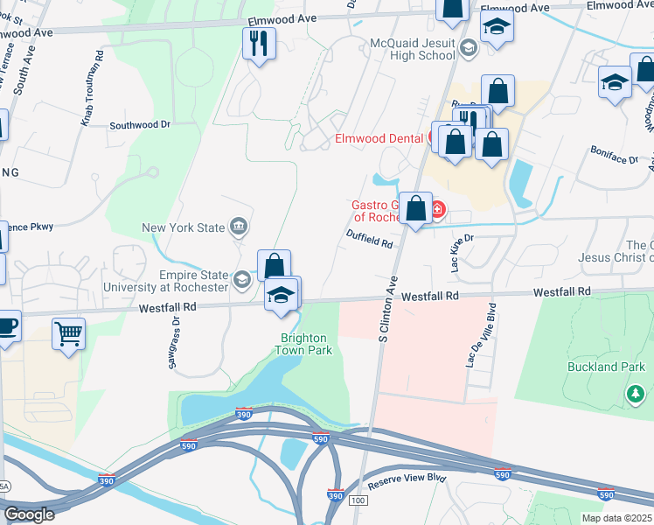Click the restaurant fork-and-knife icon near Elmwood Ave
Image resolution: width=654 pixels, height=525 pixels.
(259, 44)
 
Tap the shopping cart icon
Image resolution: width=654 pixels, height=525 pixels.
(68, 333)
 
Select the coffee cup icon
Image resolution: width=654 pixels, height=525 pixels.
(6, 327)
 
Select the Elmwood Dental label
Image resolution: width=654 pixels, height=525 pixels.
(379, 138)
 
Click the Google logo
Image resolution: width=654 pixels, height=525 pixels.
(29, 514)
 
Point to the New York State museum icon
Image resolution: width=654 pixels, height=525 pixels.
(238, 228)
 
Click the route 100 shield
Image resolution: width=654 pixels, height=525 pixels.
(357, 500)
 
